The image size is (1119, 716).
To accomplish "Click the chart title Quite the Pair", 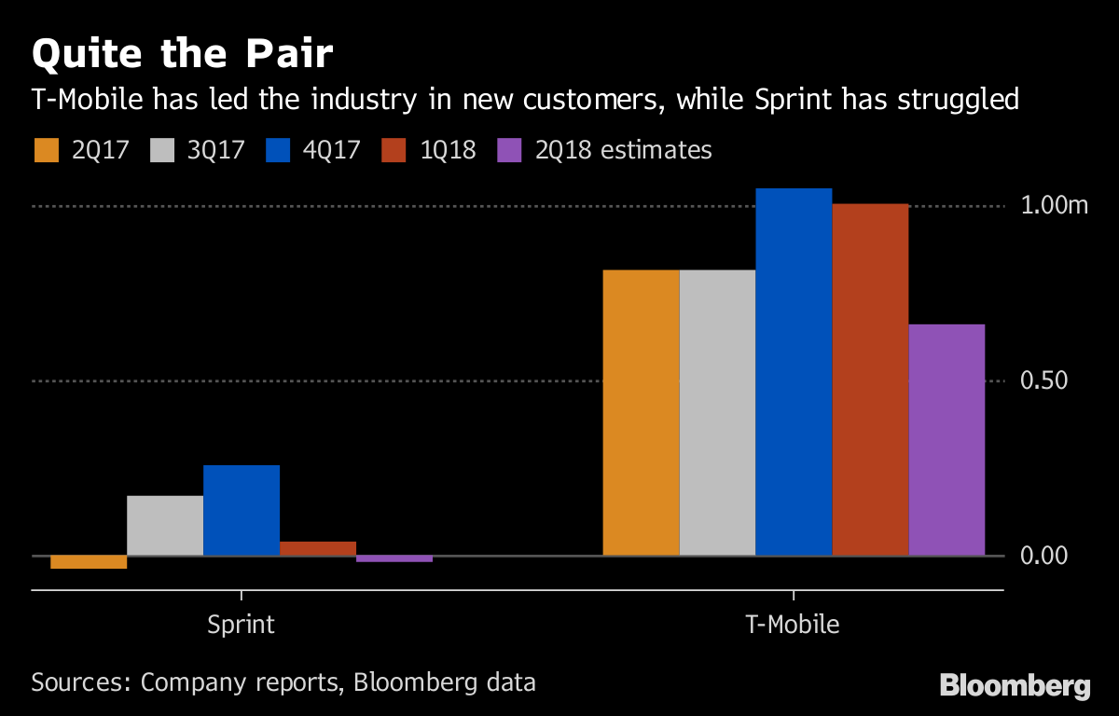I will click(x=182, y=53).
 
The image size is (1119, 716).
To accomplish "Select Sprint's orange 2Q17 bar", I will click(x=89, y=562).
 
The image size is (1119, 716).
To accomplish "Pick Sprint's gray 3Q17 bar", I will click(x=165, y=526).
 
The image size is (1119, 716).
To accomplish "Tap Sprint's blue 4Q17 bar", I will click(x=242, y=510).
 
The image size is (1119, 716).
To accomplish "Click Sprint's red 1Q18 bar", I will click(x=318, y=548).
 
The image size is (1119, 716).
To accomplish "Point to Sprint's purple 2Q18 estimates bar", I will click(x=394, y=558).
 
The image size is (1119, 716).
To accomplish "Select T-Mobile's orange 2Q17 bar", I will click(x=642, y=413).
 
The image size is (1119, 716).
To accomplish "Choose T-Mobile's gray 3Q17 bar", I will click(x=718, y=413).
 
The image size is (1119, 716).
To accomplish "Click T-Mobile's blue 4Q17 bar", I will click(x=794, y=372).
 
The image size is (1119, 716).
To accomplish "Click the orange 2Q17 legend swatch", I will click(x=46, y=150).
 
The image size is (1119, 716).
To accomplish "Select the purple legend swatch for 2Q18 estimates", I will click(x=509, y=150).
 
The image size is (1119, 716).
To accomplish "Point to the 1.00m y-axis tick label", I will click(x=1055, y=206).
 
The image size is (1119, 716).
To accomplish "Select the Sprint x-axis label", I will click(x=241, y=624).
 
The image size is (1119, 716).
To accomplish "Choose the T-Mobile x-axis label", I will click(x=793, y=624).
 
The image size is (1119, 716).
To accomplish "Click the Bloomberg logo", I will click(x=1015, y=686).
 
